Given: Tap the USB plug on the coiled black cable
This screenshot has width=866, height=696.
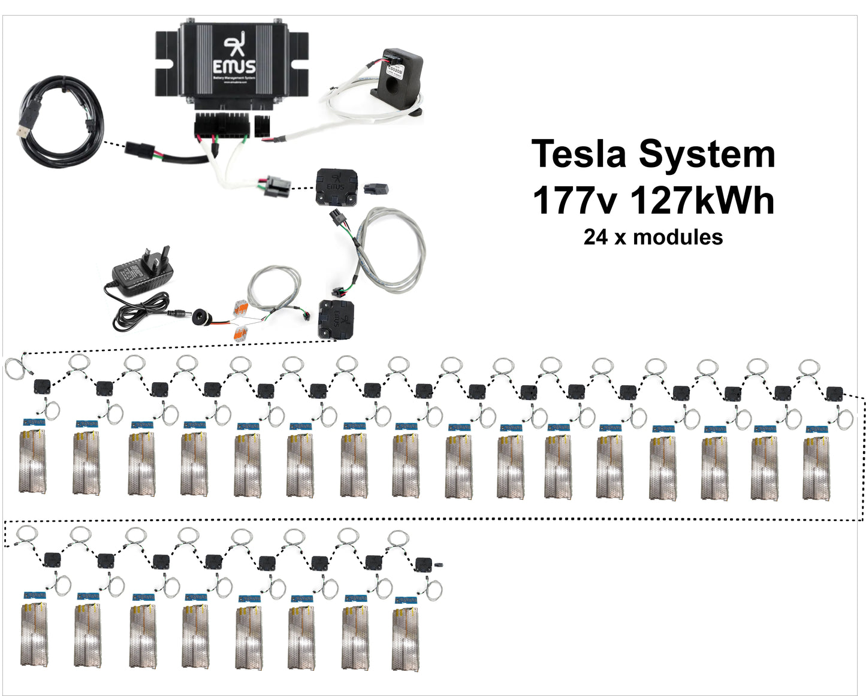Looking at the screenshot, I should click(x=25, y=129).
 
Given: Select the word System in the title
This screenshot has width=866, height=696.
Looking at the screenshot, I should click(x=707, y=154).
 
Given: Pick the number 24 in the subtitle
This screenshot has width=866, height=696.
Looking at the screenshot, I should click(x=596, y=237).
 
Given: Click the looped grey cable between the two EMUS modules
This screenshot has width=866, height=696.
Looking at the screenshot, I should click(x=390, y=252).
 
